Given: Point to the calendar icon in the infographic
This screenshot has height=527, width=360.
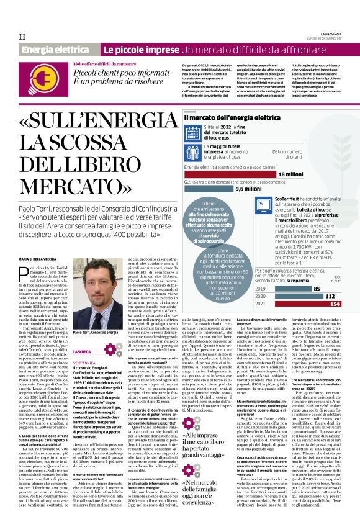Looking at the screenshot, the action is (191, 128).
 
